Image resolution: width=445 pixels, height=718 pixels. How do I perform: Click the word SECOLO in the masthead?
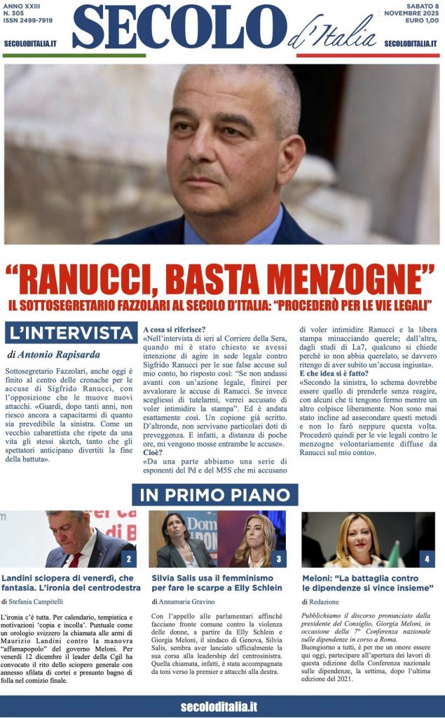(179, 28)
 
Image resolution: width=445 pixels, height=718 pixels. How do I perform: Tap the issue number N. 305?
(15, 14)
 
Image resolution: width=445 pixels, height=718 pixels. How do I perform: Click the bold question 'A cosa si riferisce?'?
(174, 330)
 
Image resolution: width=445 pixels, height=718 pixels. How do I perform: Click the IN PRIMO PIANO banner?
(215, 494)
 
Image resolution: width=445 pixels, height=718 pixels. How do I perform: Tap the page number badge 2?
(128, 559)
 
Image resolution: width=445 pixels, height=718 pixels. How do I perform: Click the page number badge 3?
(278, 559)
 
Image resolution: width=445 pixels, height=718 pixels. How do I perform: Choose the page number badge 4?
(427, 559)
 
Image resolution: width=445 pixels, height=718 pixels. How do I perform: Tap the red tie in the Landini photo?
(75, 559)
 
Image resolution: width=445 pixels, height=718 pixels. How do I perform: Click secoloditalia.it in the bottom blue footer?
(219, 706)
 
